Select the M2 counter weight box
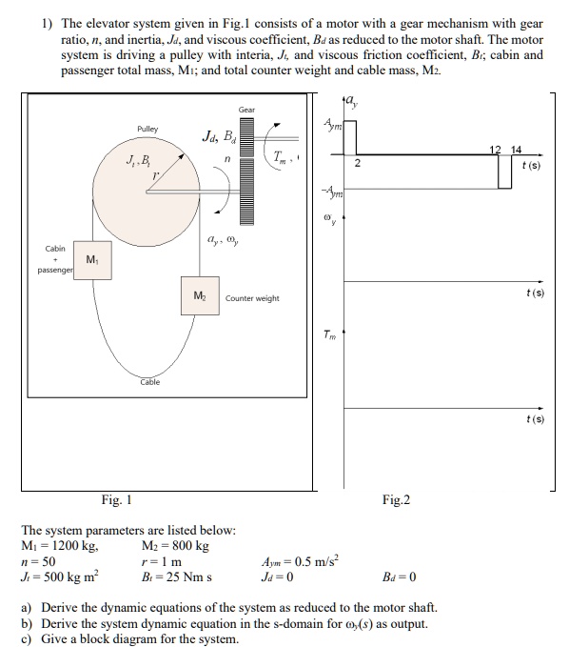[200, 297]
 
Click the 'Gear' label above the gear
[246, 110]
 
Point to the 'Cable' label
[150, 381]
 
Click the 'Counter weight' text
[252, 298]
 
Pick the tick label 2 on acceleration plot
[358, 163]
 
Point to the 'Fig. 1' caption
[116, 499]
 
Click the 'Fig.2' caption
[396, 499]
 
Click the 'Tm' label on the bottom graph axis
[327, 336]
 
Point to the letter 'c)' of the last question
[28, 637]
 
